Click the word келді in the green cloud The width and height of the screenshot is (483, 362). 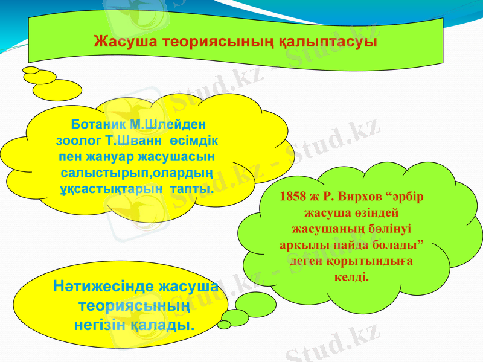(x=351, y=277)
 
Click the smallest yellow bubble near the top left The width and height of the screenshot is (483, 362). (x=30, y=70)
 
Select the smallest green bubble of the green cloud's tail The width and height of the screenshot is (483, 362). (x=224, y=325)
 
